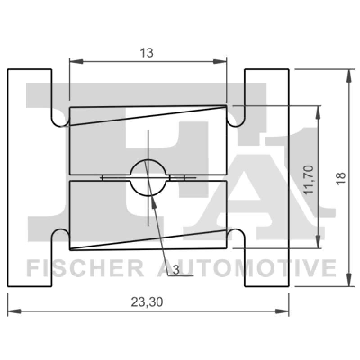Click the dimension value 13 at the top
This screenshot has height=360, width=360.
coord(147,53)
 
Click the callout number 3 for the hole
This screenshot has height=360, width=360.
coord(175,270)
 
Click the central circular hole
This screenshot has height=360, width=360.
coord(148,178)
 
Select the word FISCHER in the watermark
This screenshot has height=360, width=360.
coord(85,268)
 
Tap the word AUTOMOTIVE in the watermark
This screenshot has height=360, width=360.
coord(246,268)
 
